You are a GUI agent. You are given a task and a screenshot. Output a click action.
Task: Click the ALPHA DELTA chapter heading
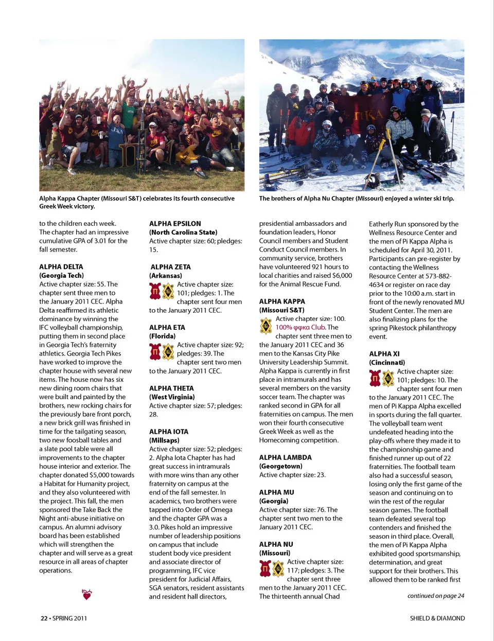click(61, 266)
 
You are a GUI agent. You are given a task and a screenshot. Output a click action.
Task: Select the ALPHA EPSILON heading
click(175, 224)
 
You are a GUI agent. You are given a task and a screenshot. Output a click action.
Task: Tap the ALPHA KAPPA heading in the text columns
click(282, 301)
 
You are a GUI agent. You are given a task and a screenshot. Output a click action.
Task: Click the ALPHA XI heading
click(384, 354)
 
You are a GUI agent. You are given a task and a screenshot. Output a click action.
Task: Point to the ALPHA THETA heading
click(171, 388)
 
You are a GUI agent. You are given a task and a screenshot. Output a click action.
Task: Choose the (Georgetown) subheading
click(280, 466)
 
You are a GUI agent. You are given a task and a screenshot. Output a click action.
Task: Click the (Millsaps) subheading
click(164, 440)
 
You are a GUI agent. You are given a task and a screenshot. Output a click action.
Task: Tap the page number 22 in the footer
click(44, 618)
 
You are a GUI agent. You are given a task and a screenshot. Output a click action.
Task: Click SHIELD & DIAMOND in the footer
click(437, 618)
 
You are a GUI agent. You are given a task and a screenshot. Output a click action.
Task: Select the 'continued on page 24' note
click(435, 596)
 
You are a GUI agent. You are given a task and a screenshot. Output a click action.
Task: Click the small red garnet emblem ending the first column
click(87, 595)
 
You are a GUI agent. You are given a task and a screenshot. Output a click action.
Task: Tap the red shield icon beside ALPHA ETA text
click(155, 352)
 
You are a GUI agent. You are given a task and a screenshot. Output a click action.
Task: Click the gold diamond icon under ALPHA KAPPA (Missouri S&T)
click(266, 326)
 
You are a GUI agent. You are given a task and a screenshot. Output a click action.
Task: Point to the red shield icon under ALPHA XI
click(375, 379)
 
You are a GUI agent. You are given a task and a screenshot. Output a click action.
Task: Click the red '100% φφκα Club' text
click(301, 327)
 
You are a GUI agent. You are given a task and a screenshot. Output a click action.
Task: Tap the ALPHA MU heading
click(276, 492)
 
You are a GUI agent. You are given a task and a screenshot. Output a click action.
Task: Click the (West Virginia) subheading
click(172, 397)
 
